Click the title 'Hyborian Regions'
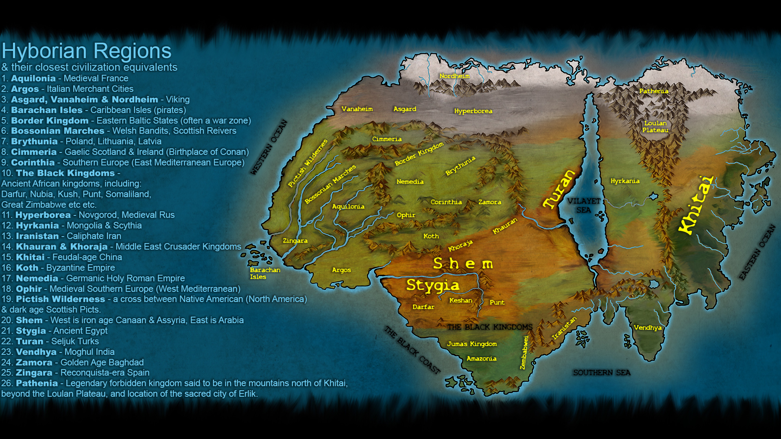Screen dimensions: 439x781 [x=86, y=51]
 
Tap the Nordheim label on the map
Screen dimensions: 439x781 [x=454, y=76]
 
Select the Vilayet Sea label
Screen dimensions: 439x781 [x=584, y=205]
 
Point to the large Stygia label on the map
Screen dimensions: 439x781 [x=432, y=285]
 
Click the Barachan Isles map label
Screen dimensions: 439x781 [x=264, y=273]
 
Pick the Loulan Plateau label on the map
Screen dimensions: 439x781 [x=655, y=126]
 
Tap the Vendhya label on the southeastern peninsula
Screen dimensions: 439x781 [x=648, y=328]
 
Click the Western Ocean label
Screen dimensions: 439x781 [x=269, y=147]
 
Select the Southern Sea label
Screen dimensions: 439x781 [x=602, y=373]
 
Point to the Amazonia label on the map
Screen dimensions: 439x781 [x=481, y=359]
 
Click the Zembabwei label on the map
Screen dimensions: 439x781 [x=524, y=352]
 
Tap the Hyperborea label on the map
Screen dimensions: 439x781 [x=473, y=111]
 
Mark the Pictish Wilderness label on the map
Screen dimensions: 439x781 [x=308, y=163]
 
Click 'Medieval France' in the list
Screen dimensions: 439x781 [x=96, y=78]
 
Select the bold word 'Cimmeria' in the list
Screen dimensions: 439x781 [x=34, y=152]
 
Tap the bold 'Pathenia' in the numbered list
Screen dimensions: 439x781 [x=37, y=383]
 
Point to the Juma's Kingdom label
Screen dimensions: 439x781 [x=472, y=344]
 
